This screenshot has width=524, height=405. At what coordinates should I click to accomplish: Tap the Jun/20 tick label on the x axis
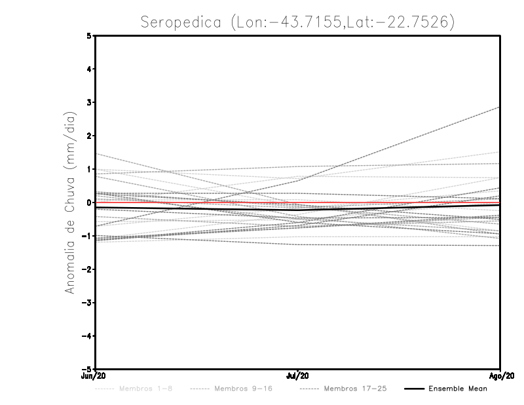pyautogui.click(x=95, y=376)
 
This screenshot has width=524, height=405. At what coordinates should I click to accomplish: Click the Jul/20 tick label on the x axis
pyautogui.click(x=298, y=376)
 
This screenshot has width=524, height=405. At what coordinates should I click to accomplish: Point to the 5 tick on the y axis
pyautogui.click(x=89, y=36)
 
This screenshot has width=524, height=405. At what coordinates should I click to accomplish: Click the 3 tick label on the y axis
pyautogui.click(x=89, y=103)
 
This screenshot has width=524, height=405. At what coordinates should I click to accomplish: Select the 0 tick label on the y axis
pyautogui.click(x=89, y=202)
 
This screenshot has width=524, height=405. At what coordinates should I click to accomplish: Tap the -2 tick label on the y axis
pyautogui.click(x=88, y=269)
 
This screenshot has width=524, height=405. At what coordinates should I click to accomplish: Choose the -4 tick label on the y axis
pyautogui.click(x=88, y=336)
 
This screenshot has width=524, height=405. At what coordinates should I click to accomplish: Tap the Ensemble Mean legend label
pyautogui.click(x=458, y=389)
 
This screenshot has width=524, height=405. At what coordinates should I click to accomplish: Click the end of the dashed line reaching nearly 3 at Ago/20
pyautogui.click(x=500, y=107)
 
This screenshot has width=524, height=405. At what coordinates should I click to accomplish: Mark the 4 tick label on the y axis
pyautogui.click(x=89, y=69)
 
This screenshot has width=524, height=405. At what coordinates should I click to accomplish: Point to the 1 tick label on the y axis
pyautogui.click(x=89, y=169)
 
